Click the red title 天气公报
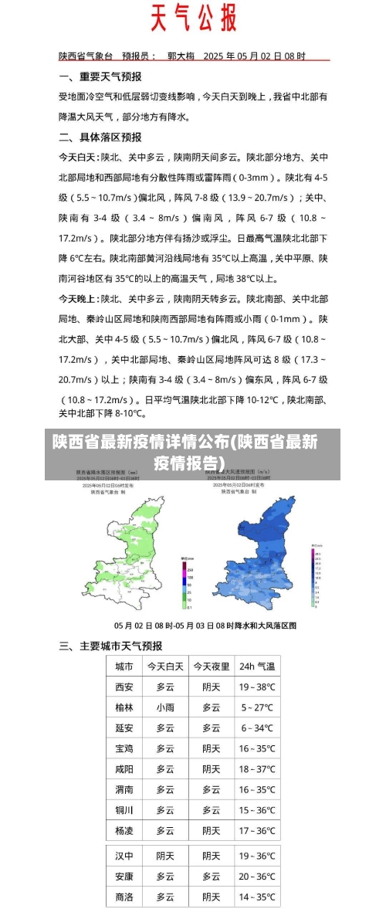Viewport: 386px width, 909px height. (193, 18)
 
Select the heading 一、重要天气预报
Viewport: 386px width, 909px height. (100, 76)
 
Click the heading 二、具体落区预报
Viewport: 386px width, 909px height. (100, 137)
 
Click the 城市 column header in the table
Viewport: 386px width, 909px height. (124, 666)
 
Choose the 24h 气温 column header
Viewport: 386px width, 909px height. (257, 666)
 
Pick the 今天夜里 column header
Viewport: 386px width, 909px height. (212, 666)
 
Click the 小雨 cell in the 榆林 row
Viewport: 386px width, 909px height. (165, 707)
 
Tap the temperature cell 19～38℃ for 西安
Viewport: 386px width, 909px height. (257, 687)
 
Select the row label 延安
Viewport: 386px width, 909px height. (124, 728)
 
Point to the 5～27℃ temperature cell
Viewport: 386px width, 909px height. (257, 707)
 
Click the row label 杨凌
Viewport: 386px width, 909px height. (124, 830)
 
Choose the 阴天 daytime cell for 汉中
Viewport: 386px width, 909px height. (165, 856)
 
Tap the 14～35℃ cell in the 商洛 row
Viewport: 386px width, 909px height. (257, 897)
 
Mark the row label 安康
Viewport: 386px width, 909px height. (124, 877)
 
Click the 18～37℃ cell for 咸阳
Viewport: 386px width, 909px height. (257, 768)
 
